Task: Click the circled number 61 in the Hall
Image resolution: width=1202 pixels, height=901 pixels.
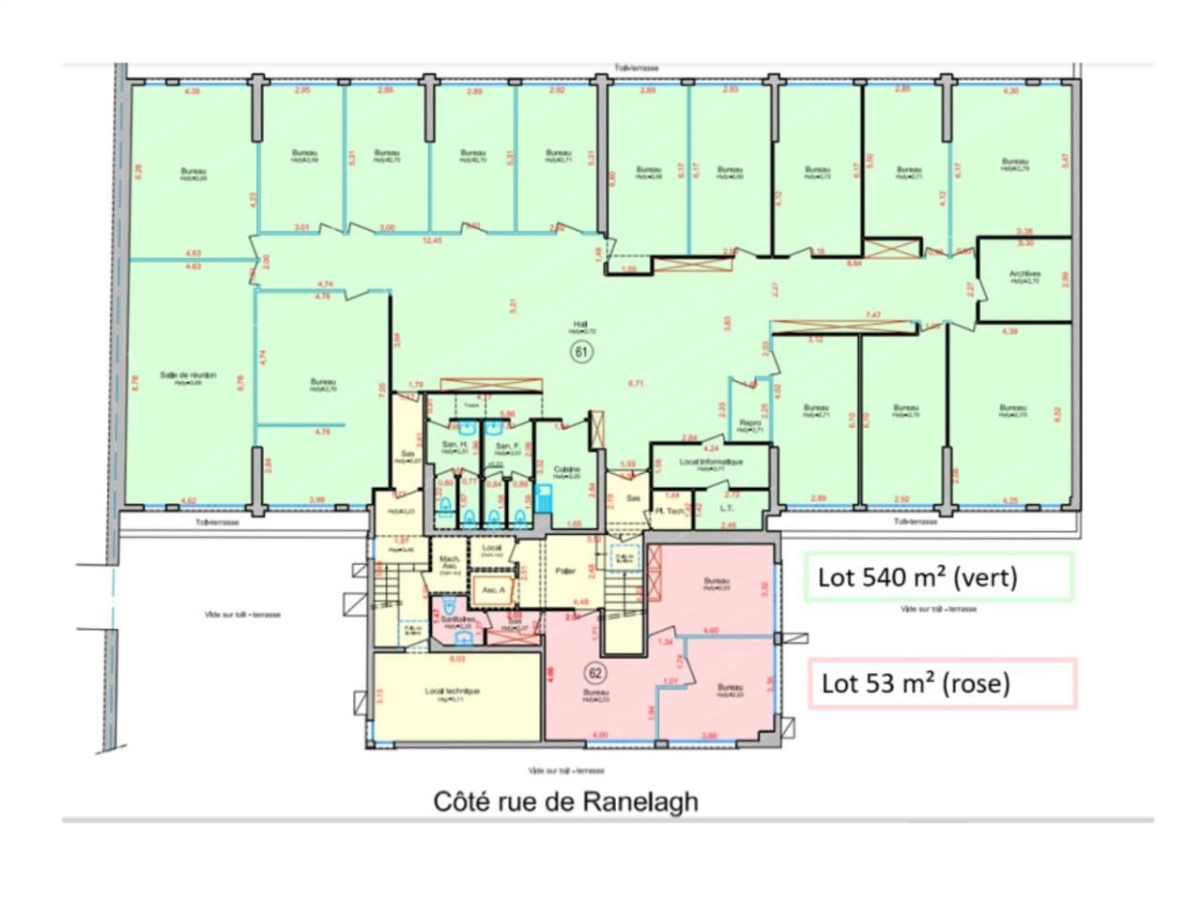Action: tap(581, 352)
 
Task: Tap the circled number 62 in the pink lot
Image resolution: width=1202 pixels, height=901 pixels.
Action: tap(593, 673)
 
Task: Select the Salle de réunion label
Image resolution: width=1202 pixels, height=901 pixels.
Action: tap(188, 375)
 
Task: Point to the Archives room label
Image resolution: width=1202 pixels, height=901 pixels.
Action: tap(1025, 275)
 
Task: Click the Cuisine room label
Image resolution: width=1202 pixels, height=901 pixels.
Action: tap(566, 469)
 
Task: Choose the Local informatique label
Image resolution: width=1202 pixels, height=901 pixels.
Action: tap(711, 462)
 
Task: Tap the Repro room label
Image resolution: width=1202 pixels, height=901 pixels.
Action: tap(749, 423)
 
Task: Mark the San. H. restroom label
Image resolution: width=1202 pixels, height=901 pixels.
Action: tap(456, 445)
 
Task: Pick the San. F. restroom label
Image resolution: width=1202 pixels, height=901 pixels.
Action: tap(508, 446)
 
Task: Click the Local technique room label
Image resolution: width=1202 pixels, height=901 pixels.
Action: tap(452, 692)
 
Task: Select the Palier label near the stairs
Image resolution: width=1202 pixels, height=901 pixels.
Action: tap(565, 570)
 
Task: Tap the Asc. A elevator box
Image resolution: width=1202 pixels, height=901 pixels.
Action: tap(494, 590)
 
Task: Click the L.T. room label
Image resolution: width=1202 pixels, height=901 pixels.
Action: tap(726, 508)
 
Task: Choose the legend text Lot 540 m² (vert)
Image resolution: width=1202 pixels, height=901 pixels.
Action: tap(917, 576)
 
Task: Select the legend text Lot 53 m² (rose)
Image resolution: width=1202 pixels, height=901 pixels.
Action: tap(916, 683)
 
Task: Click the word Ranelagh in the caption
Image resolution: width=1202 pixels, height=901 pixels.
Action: tap(640, 802)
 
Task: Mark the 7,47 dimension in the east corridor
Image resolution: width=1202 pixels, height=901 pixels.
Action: tap(872, 315)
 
